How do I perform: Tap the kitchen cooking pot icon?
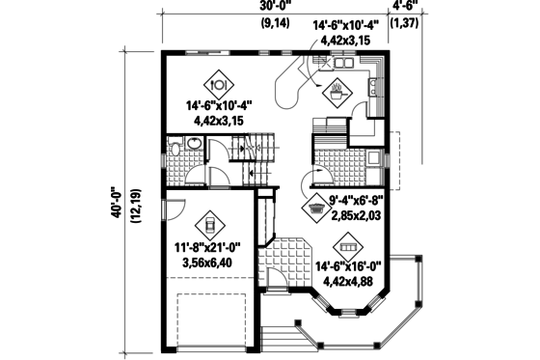point(337,94)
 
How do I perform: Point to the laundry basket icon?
point(316,206)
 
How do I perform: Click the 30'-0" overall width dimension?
point(273,7)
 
